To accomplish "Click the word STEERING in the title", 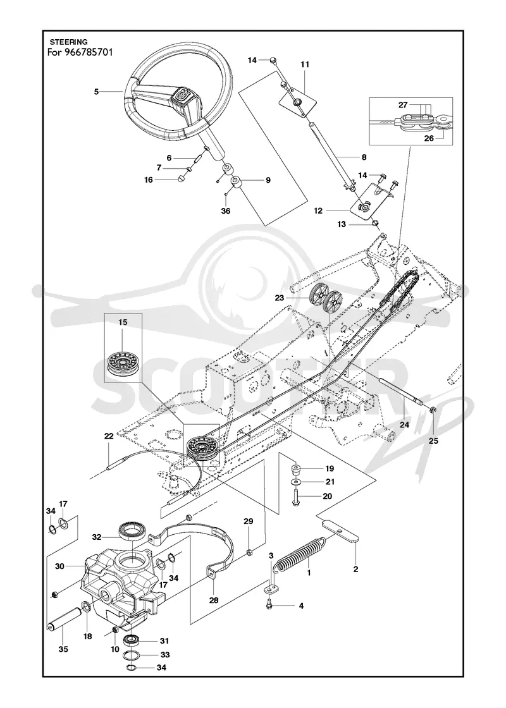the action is [x=69, y=43].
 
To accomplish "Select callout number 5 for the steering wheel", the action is [x=96, y=92].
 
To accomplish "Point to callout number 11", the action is [x=305, y=64].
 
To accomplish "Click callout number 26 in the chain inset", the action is [x=429, y=138].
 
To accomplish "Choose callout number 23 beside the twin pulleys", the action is [x=292, y=298].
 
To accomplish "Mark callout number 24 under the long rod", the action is [x=404, y=425].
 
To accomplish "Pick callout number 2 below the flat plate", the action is [x=355, y=570].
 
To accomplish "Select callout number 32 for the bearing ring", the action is [x=96, y=537].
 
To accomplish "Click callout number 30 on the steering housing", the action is [x=60, y=566].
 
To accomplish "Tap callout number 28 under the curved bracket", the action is [x=214, y=600].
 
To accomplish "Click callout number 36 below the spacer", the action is [x=226, y=211].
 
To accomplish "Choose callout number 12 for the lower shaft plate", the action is [x=319, y=211].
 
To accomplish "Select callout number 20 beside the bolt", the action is [x=327, y=496].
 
